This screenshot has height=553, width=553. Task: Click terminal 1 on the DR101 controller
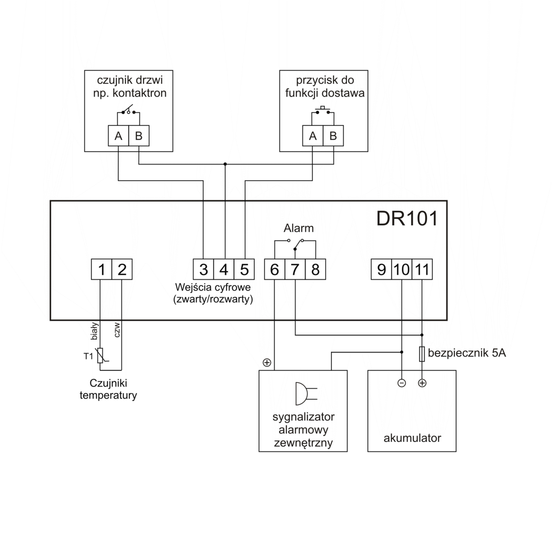pos(101,270)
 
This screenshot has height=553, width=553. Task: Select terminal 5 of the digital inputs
pos(244,270)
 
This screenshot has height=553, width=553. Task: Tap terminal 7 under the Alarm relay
pos(295,270)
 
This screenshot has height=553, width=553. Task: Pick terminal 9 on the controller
pos(381,270)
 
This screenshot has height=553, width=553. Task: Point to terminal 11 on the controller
pos(422,270)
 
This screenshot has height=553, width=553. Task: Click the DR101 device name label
pos(407,218)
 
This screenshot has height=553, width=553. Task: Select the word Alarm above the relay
pos(299,228)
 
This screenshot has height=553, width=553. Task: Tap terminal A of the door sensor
pos(118,136)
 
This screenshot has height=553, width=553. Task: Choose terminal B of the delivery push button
pos(333,136)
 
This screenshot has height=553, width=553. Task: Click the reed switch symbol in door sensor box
pos(129,111)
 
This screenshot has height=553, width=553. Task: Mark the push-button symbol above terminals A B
pos(323,110)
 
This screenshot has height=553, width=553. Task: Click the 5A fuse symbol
pos(422,354)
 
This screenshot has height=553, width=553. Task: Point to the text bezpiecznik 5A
pos(467,353)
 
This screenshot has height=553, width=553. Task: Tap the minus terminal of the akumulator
pos(402,383)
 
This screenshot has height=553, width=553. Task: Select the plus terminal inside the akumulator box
pos(422,383)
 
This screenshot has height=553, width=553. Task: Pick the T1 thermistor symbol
pos(101,356)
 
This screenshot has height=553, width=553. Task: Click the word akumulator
pos(412,438)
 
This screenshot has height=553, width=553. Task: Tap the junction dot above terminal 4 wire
pos(225,164)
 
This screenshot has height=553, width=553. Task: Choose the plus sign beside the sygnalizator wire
pos(266,363)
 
